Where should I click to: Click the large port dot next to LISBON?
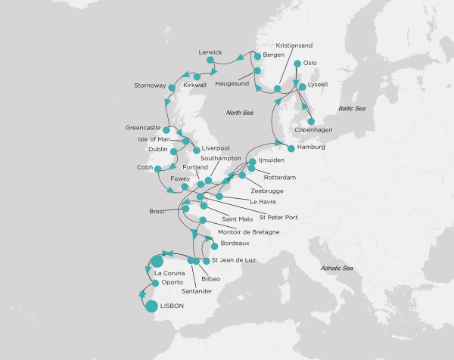pyautogui.click(x=151, y=306)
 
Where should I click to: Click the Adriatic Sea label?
pyautogui.click(x=337, y=268)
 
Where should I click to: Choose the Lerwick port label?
pyautogui.click(x=210, y=52)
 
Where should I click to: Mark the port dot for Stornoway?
pyautogui.click(x=171, y=88)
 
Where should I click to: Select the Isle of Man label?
pyautogui.click(x=157, y=139)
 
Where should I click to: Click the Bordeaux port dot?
pyautogui.click(x=215, y=246)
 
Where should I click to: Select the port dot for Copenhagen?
pyautogui.click(x=311, y=120)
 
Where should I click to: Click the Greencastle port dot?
pyautogui.click(x=166, y=130)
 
